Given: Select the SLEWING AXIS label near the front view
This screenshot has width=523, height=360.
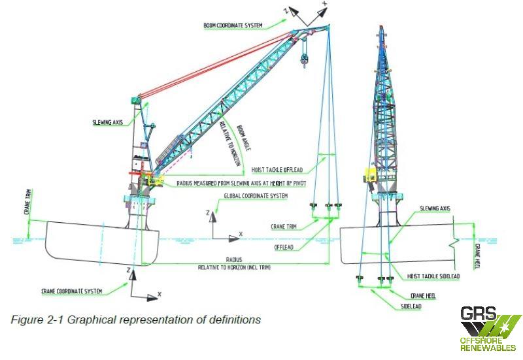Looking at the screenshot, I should point(434,208).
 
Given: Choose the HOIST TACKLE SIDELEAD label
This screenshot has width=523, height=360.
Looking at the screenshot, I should point(433,276).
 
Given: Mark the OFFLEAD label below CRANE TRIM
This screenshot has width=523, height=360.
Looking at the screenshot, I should point(285,248).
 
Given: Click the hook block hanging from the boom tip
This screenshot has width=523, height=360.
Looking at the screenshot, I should point(304,59).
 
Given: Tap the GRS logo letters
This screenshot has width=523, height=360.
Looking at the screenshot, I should point(478,314).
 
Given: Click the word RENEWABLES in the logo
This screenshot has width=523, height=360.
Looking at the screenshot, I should point(488,348).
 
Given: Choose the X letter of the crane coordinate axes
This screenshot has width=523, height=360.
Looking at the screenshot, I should point(160,295).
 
